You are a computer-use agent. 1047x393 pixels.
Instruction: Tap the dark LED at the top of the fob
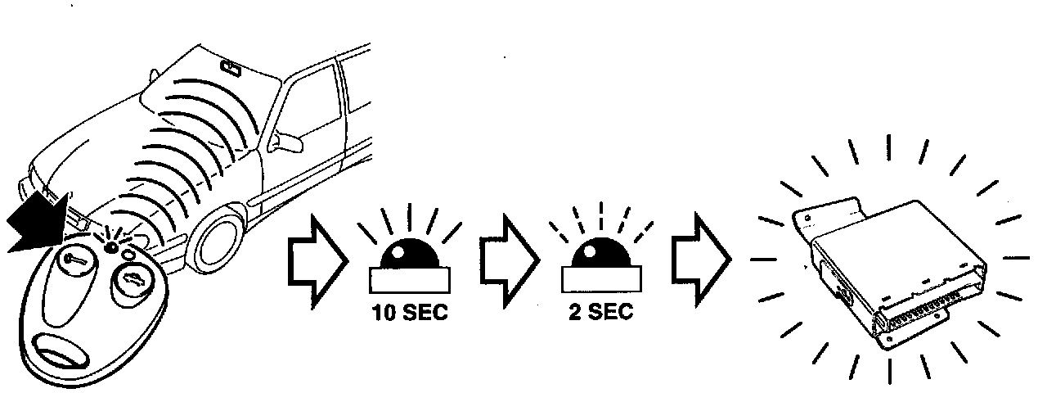tap(109, 245)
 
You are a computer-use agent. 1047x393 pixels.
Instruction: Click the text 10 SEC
tap(410, 314)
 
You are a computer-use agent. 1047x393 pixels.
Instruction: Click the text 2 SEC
tap(600, 314)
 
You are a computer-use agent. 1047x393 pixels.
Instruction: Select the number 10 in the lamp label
tap(384, 314)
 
